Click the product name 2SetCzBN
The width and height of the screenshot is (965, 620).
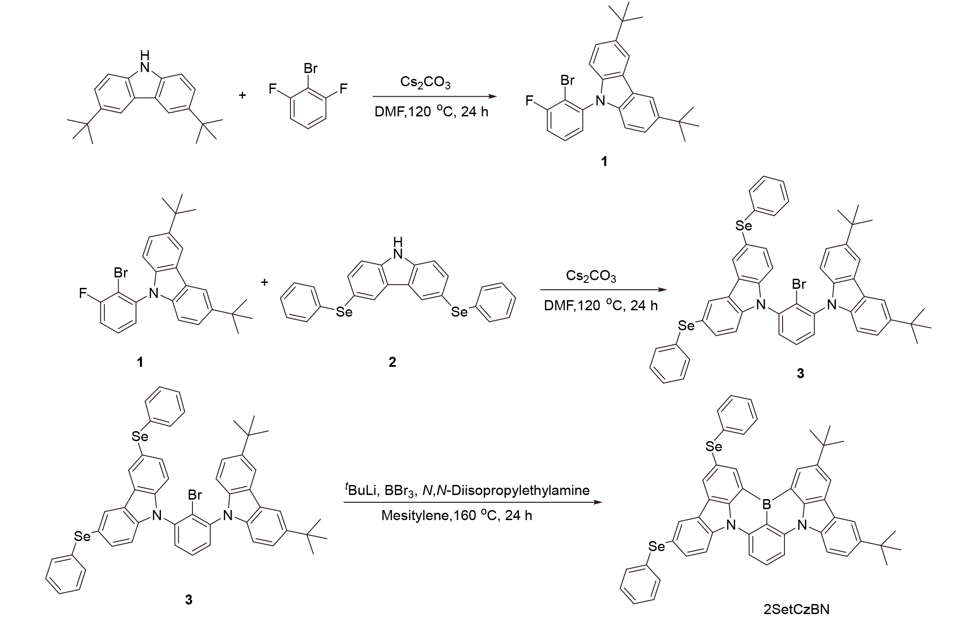(x=796, y=609)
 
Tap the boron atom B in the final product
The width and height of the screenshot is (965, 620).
(x=767, y=505)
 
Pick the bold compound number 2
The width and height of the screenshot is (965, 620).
(x=392, y=362)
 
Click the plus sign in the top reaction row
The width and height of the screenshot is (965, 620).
(x=242, y=95)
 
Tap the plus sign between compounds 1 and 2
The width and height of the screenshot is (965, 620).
(x=264, y=282)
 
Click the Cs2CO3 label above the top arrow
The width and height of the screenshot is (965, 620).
(x=425, y=83)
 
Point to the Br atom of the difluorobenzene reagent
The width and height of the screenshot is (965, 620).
(x=310, y=69)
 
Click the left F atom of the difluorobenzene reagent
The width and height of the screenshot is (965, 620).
(x=272, y=89)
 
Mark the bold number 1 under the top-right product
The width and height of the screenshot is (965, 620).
(x=604, y=162)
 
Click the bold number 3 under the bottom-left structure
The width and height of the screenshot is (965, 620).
(x=188, y=600)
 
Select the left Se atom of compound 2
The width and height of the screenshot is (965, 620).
(x=344, y=313)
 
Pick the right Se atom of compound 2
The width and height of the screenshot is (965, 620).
(x=459, y=312)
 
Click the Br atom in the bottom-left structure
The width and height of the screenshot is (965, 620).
(x=194, y=495)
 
